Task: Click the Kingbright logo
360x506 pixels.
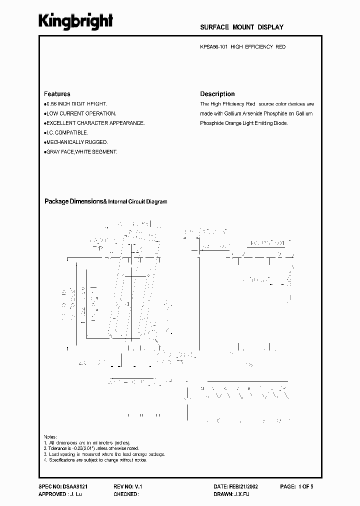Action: coord(76,21)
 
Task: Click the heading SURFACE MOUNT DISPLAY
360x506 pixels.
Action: coord(241,27)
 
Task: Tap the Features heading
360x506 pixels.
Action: coord(57,94)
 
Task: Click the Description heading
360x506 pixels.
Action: coord(217,94)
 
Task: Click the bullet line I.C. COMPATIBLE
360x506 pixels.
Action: coord(66,132)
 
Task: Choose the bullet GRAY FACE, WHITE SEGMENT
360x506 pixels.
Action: coord(80,151)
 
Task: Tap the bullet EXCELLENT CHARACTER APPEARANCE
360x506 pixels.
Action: coord(95,123)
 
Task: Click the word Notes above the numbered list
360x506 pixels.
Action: coord(50,436)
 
